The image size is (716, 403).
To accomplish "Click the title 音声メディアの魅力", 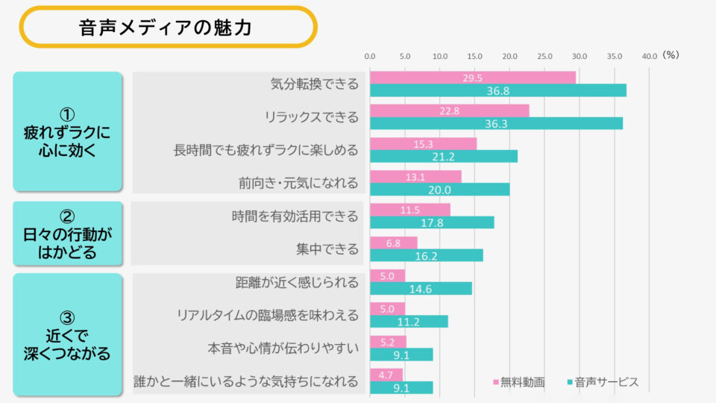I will click(x=166, y=28).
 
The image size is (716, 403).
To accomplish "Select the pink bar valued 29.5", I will click(x=473, y=78).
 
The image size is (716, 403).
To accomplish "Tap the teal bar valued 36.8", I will click(x=498, y=90).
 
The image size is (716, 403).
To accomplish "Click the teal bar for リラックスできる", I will click(x=496, y=123).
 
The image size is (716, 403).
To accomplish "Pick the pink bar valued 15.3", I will click(x=423, y=143).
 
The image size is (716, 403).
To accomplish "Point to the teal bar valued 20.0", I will click(x=440, y=190).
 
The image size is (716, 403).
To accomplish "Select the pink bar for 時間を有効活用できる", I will click(x=410, y=210).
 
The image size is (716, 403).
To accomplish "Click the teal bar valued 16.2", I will click(x=427, y=255).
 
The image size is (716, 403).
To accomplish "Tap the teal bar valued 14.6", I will click(x=421, y=288).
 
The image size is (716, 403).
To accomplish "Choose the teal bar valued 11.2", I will click(x=409, y=321).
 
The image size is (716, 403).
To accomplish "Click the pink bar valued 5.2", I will click(x=388, y=342).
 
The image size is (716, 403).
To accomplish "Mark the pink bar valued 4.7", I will click(x=386, y=375).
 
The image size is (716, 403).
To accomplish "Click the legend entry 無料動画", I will click(x=519, y=382).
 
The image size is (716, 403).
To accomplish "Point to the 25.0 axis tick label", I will click(x=544, y=56).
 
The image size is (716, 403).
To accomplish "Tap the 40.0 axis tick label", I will click(x=649, y=56).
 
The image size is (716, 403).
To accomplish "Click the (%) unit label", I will click(x=671, y=55).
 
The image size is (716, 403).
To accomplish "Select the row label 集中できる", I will click(x=327, y=249).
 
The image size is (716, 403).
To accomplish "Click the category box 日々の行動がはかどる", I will click(x=67, y=234).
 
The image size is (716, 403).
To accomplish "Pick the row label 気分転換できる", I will click(x=314, y=84).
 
